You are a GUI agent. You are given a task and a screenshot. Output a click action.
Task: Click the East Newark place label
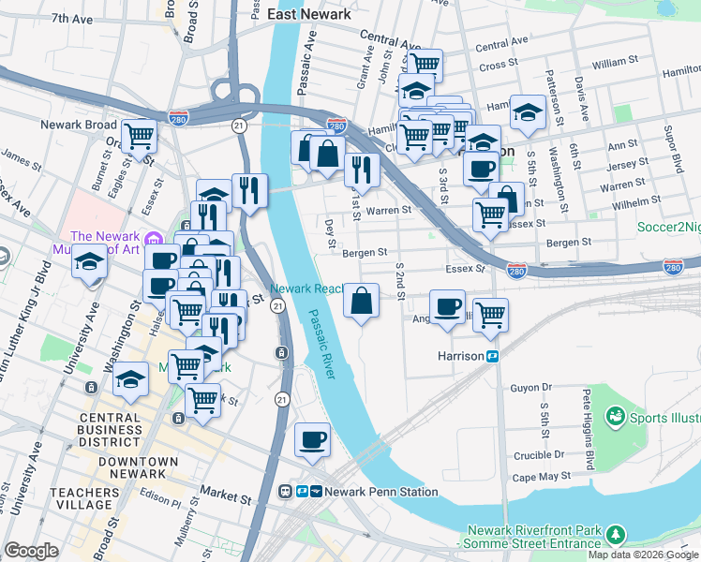[x=308, y=14]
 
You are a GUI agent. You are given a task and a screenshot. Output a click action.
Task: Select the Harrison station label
[x=460, y=357]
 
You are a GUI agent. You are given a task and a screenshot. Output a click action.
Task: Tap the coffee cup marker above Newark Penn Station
[x=312, y=438]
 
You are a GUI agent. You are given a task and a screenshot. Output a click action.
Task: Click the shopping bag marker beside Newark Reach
[x=361, y=302]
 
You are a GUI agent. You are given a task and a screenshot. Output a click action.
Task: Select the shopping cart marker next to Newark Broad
[x=140, y=136]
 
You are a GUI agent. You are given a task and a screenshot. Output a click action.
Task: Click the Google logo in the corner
[x=31, y=551]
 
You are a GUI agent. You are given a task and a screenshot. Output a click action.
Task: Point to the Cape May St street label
[x=537, y=476]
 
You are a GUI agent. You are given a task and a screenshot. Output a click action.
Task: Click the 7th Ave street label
[x=73, y=18]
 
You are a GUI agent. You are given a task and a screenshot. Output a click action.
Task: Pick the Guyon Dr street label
[x=531, y=387]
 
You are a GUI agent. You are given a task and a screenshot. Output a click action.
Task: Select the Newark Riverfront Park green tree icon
[x=616, y=534]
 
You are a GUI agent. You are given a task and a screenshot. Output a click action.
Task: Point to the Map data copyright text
[x=644, y=555]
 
